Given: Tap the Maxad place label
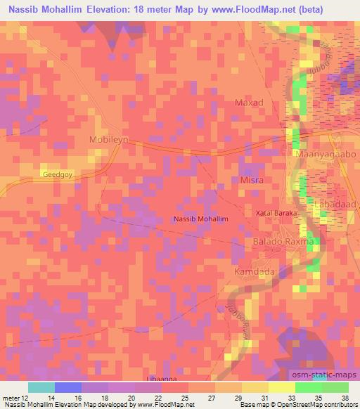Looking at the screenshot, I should (x=248, y=103).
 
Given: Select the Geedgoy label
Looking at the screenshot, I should (x=57, y=174).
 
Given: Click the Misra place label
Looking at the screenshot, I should (x=251, y=181).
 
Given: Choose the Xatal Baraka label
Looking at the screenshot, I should (x=276, y=212).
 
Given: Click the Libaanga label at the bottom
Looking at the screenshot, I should (x=161, y=378).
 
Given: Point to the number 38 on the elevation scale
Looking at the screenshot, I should (x=345, y=397).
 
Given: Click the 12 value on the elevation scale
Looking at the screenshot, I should (x=27, y=397).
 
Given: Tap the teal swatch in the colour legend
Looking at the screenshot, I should (x=41, y=387).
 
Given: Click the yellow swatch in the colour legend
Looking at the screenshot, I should (x=282, y=387).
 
